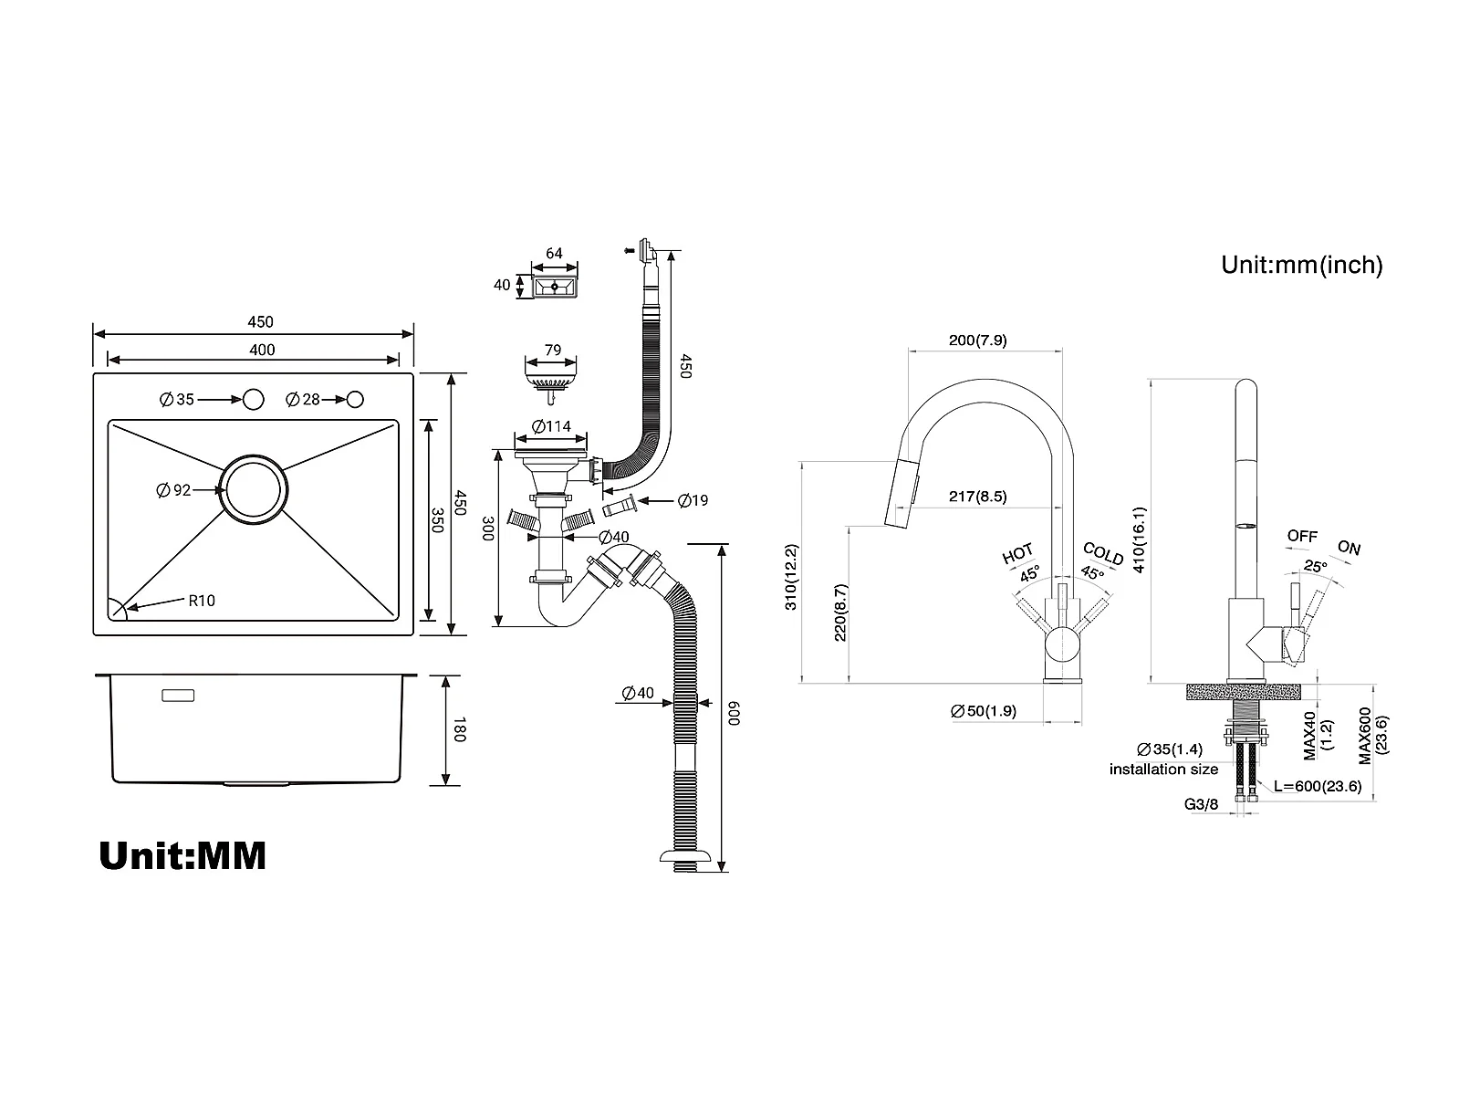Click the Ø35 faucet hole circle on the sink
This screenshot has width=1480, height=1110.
coord(254,399)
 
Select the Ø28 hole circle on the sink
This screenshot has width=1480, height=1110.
coord(355,400)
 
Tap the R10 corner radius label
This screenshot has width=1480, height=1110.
coord(202,601)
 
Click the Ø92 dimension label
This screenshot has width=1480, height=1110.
coord(173,490)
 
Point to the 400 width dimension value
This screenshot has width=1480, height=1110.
coord(262,350)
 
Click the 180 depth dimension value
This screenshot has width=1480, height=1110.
coord(459,730)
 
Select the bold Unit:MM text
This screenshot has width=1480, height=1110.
coord(182,855)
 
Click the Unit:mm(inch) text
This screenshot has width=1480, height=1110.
coord(1302,265)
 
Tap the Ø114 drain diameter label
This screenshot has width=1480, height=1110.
coord(551,426)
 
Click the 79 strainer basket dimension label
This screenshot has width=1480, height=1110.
coord(553,350)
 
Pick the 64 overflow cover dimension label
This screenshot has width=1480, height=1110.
coord(554,253)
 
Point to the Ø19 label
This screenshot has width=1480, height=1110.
coord(693,500)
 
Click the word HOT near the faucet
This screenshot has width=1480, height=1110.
coord(1017,554)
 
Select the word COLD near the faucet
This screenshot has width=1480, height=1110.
coord(1103,554)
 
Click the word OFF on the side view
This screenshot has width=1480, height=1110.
coord(1302,536)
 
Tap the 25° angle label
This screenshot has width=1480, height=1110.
coord(1316,567)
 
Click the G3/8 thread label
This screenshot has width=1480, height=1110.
coord(1202,804)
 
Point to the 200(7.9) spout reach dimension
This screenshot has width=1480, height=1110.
coord(977,340)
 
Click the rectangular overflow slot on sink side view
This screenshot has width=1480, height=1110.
coord(178,696)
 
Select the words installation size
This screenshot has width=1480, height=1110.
coord(1163,769)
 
